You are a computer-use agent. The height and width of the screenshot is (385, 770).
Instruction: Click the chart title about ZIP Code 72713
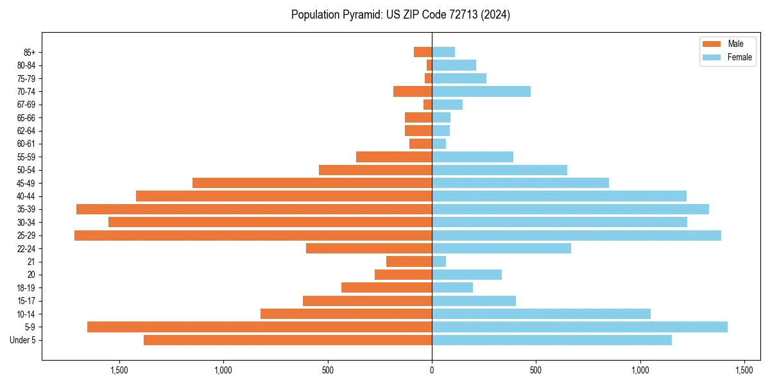(x=400, y=15)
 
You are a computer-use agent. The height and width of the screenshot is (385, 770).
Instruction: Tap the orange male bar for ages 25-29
(x=253, y=235)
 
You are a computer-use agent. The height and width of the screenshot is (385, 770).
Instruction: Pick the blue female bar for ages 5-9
(x=579, y=327)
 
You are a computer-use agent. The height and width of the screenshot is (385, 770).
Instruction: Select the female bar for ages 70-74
(x=481, y=91)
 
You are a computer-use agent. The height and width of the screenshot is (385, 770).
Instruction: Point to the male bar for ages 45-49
(x=312, y=183)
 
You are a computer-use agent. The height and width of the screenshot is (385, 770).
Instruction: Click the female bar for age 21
(x=439, y=262)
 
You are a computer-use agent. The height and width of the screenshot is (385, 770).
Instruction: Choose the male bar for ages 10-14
(x=346, y=314)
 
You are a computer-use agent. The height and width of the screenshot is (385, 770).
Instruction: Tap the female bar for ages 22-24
(x=501, y=248)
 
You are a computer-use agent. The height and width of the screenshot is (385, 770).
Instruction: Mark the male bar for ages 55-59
(x=394, y=157)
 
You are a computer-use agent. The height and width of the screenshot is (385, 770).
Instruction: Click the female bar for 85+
(x=443, y=52)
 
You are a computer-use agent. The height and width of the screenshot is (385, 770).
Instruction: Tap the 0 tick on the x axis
(x=432, y=370)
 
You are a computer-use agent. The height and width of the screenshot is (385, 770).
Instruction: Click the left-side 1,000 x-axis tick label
(x=223, y=370)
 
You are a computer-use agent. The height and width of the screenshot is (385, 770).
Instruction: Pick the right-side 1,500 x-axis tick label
(x=744, y=370)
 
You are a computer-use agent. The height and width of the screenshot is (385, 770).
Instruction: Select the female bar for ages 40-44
(x=559, y=196)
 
